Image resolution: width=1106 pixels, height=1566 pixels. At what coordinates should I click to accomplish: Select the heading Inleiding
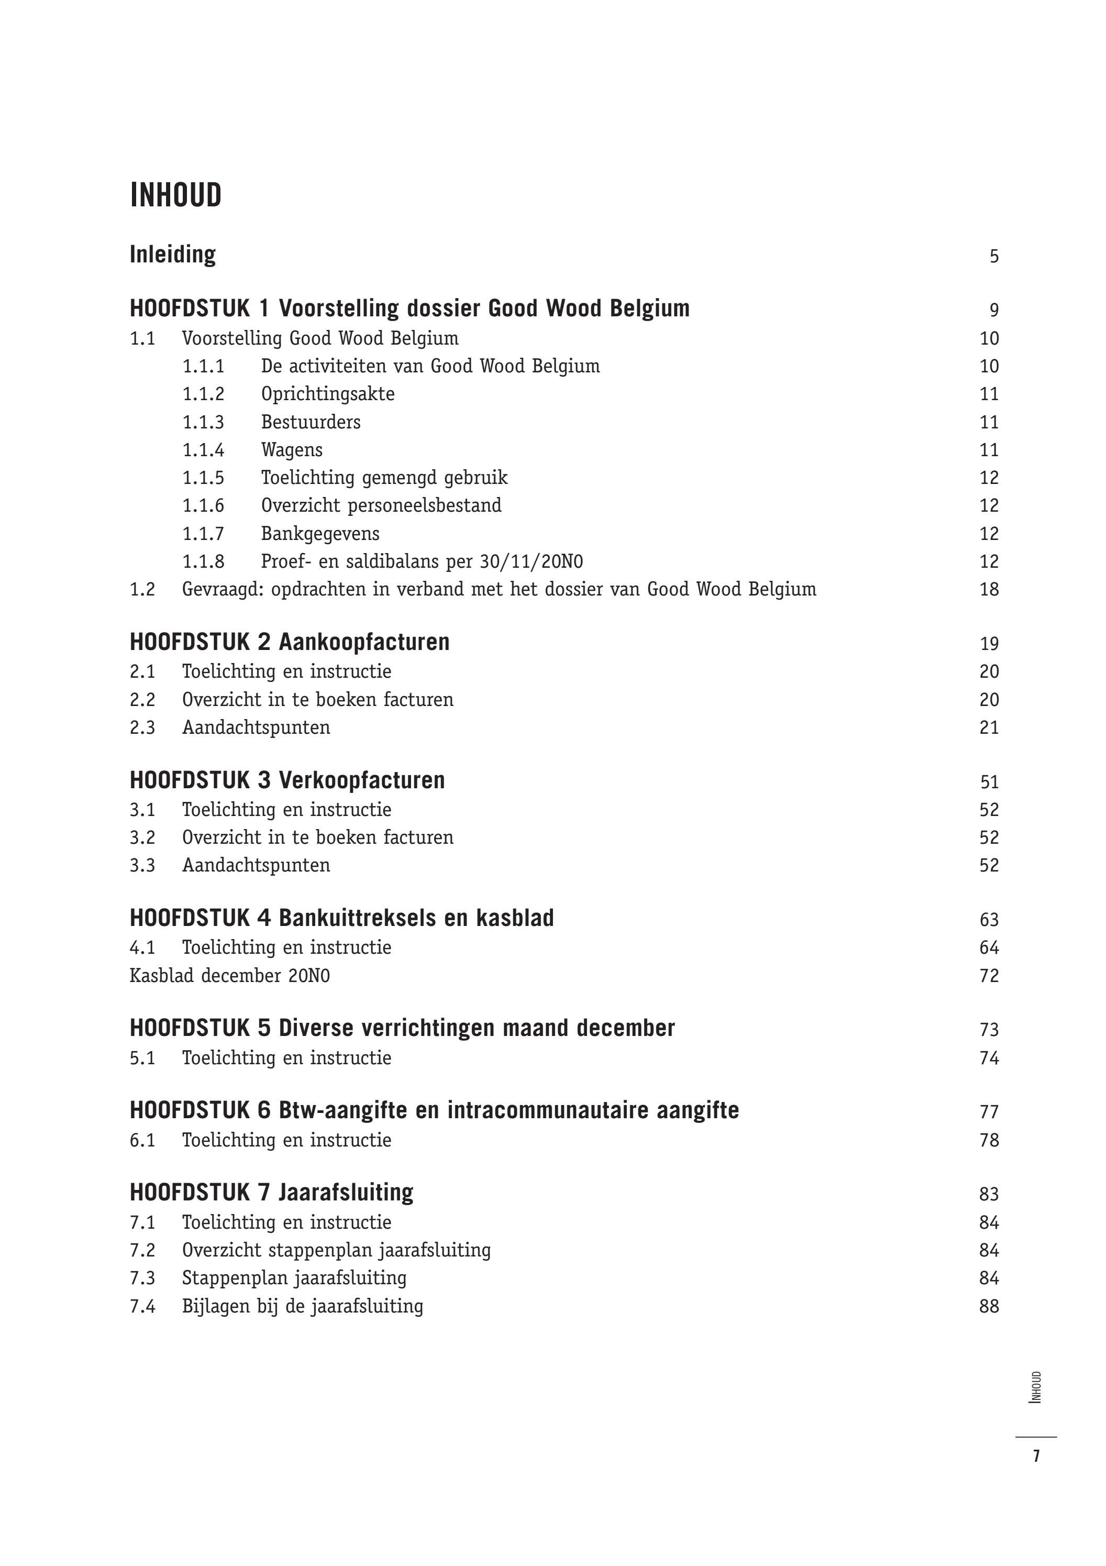tap(172, 255)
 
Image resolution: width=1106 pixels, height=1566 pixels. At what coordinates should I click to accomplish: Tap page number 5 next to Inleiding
tap(993, 257)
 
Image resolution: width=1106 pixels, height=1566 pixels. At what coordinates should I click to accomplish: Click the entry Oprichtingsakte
tap(327, 394)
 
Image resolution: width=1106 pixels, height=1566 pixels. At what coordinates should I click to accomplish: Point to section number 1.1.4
tap(203, 450)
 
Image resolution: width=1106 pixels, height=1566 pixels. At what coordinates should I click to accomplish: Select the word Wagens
tap(292, 450)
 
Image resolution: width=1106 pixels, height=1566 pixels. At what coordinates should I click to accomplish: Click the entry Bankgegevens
tap(320, 533)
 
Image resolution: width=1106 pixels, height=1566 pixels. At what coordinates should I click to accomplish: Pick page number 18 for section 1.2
tap(989, 589)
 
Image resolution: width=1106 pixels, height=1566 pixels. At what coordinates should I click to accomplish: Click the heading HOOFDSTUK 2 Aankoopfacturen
tap(289, 642)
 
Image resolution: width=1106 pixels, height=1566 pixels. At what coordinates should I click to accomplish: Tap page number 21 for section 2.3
tap(989, 728)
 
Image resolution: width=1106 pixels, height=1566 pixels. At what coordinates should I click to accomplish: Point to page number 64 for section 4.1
tap(989, 947)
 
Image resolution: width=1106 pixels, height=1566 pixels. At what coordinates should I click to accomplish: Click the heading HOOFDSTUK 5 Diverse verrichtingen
tap(402, 1028)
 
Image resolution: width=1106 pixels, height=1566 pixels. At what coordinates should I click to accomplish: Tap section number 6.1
tap(142, 1140)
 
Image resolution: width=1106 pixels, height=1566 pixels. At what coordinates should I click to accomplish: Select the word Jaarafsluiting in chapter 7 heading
tap(346, 1192)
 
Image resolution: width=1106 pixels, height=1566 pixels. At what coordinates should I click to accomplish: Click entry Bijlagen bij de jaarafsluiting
tap(302, 1306)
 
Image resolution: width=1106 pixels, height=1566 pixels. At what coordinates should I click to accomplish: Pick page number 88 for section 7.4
tap(989, 1306)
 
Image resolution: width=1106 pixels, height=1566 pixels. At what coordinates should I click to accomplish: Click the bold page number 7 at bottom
tap(1036, 1456)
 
